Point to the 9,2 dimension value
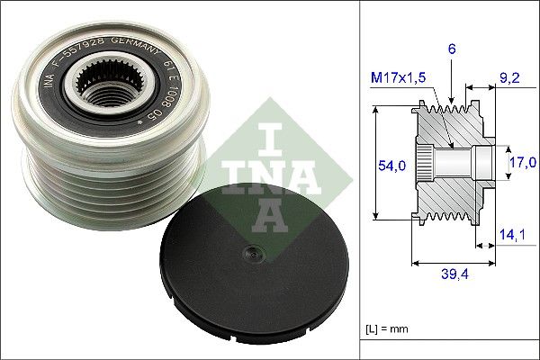[511, 77]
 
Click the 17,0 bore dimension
[522, 162]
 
